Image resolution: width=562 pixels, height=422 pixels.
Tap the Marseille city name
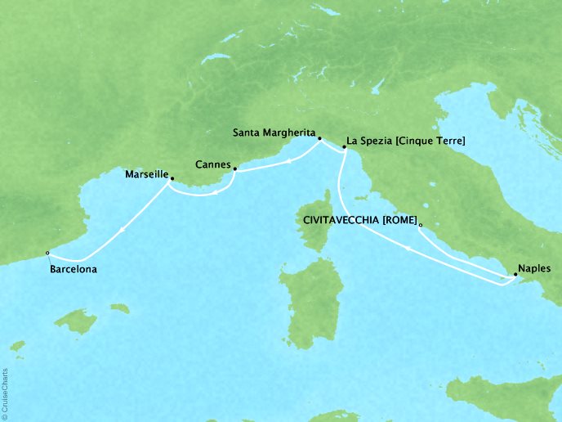[146, 174]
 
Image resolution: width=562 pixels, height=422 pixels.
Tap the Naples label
[533, 268]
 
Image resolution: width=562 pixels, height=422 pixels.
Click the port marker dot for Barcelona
[47, 253]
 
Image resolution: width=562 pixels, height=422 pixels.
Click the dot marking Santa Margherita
[319, 138]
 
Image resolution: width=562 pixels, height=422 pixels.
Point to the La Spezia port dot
[341, 148]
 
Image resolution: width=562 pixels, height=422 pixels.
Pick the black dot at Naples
[515, 276]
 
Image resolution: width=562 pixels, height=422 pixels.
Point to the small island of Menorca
[119, 308]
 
